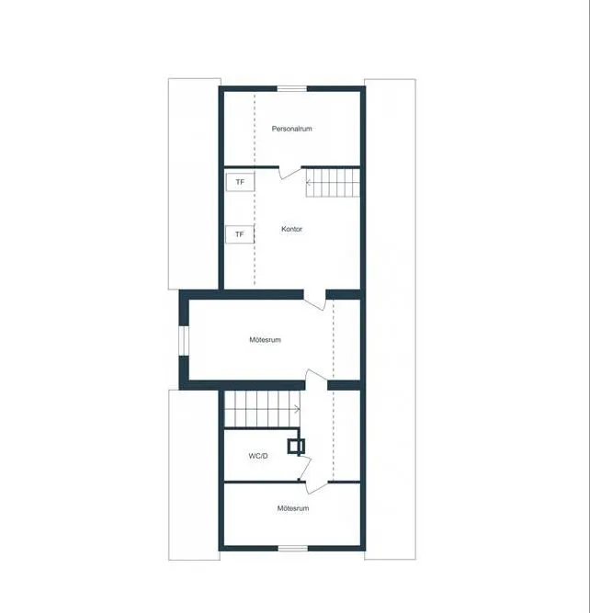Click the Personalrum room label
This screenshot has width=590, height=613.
(291, 129)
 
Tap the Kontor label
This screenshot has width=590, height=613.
(291, 229)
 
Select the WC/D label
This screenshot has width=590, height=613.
(258, 456)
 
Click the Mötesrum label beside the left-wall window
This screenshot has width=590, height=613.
(265, 340)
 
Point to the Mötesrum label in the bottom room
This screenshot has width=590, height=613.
(293, 508)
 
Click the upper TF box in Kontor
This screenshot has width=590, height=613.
(240, 182)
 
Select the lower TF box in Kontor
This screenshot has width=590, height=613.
(240, 234)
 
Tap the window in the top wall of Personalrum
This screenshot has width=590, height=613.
(292, 89)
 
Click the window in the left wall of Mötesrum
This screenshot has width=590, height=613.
(184, 341)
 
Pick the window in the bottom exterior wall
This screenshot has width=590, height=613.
(293, 549)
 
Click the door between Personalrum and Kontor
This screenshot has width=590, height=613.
(289, 173)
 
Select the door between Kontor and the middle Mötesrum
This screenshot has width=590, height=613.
(315, 301)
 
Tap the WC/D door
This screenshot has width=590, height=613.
(305, 468)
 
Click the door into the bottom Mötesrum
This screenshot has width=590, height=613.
(317, 487)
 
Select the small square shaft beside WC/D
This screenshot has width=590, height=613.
(296, 446)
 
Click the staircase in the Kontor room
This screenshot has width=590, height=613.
(333, 182)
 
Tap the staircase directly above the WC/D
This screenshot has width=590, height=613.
(262, 409)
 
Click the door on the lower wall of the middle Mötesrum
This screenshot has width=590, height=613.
(316, 380)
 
